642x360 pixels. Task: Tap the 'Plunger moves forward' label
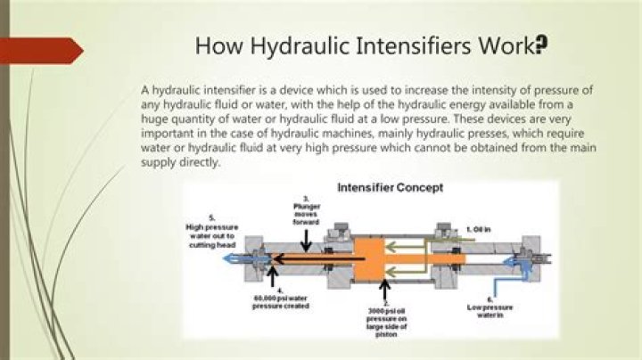pyautogui.click(x=305, y=210)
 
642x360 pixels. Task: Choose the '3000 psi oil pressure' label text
pyautogui.click(x=386, y=322)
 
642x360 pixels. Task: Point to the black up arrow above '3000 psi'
pyautogui.click(x=385, y=290)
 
